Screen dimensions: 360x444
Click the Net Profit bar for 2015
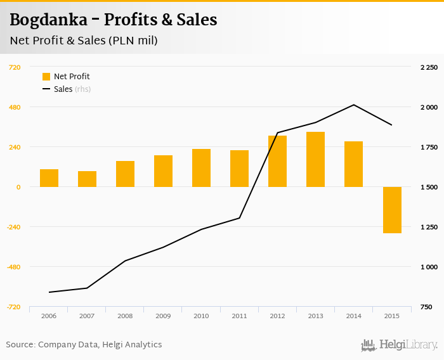click(391, 210)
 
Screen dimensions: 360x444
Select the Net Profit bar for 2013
click(315, 159)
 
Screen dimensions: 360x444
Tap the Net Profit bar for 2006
click(49, 178)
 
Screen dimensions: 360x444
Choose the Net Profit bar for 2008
click(125, 174)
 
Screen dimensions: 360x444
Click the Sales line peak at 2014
click(353, 105)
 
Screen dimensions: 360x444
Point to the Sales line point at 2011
click(239, 218)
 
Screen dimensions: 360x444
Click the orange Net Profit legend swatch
click(46, 77)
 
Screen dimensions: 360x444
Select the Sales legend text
click(63, 89)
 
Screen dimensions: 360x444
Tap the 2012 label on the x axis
click(277, 315)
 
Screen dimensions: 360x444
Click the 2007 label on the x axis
click(87, 315)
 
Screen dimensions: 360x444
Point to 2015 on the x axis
click(391, 315)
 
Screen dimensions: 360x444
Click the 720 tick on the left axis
click(14, 67)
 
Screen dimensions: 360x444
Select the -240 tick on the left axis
click(13, 227)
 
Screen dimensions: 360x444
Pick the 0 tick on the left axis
click(18, 187)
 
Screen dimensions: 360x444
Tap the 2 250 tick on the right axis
click(429, 67)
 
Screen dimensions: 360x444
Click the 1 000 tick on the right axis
click(429, 267)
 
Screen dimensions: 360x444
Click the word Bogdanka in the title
click(49, 20)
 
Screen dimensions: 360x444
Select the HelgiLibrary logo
click(400, 345)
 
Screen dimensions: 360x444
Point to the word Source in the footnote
click(20, 345)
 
